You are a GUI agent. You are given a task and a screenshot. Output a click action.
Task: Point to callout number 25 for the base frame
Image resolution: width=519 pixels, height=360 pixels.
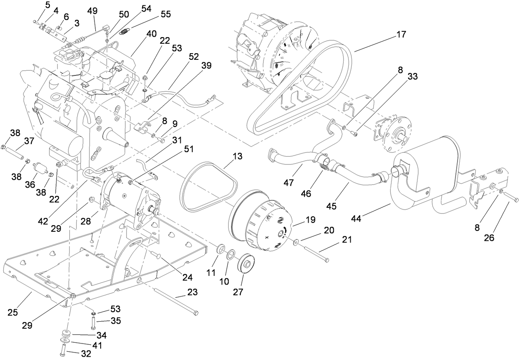[x=13, y=313]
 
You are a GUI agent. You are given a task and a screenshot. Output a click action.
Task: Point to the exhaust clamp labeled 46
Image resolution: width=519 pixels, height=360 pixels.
[x=326, y=166]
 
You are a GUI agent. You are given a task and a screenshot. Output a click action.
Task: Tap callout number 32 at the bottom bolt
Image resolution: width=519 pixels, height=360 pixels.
[x=63, y=352]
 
